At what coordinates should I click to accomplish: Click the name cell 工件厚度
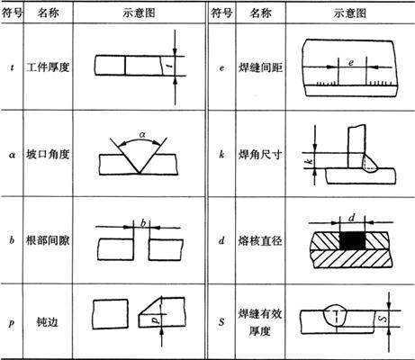point(48,67)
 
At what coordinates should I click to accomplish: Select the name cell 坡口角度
point(48,154)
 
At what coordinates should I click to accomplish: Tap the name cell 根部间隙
point(48,240)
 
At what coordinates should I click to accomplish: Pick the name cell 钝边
point(48,322)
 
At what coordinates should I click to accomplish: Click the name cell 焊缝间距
point(260,67)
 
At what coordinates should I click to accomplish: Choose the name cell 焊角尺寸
point(260,154)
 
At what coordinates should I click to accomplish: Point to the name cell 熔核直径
point(260,240)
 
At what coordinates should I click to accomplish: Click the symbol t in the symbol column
point(12,67)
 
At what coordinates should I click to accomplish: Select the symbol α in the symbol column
point(12,155)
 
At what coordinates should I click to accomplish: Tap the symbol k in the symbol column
point(221,154)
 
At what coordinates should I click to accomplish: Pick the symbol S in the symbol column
point(221,322)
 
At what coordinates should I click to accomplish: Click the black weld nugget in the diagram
point(353,240)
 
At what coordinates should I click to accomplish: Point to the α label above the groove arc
point(142,135)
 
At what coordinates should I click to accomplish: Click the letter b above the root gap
point(143,223)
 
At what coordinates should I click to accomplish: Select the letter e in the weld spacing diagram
point(351,63)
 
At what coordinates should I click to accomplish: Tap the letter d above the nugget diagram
point(352,218)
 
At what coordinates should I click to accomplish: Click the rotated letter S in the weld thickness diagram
point(383,319)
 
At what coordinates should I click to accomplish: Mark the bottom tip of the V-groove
point(140,173)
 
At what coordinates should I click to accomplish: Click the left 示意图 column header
point(139,13)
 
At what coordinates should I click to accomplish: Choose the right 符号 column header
point(221,13)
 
